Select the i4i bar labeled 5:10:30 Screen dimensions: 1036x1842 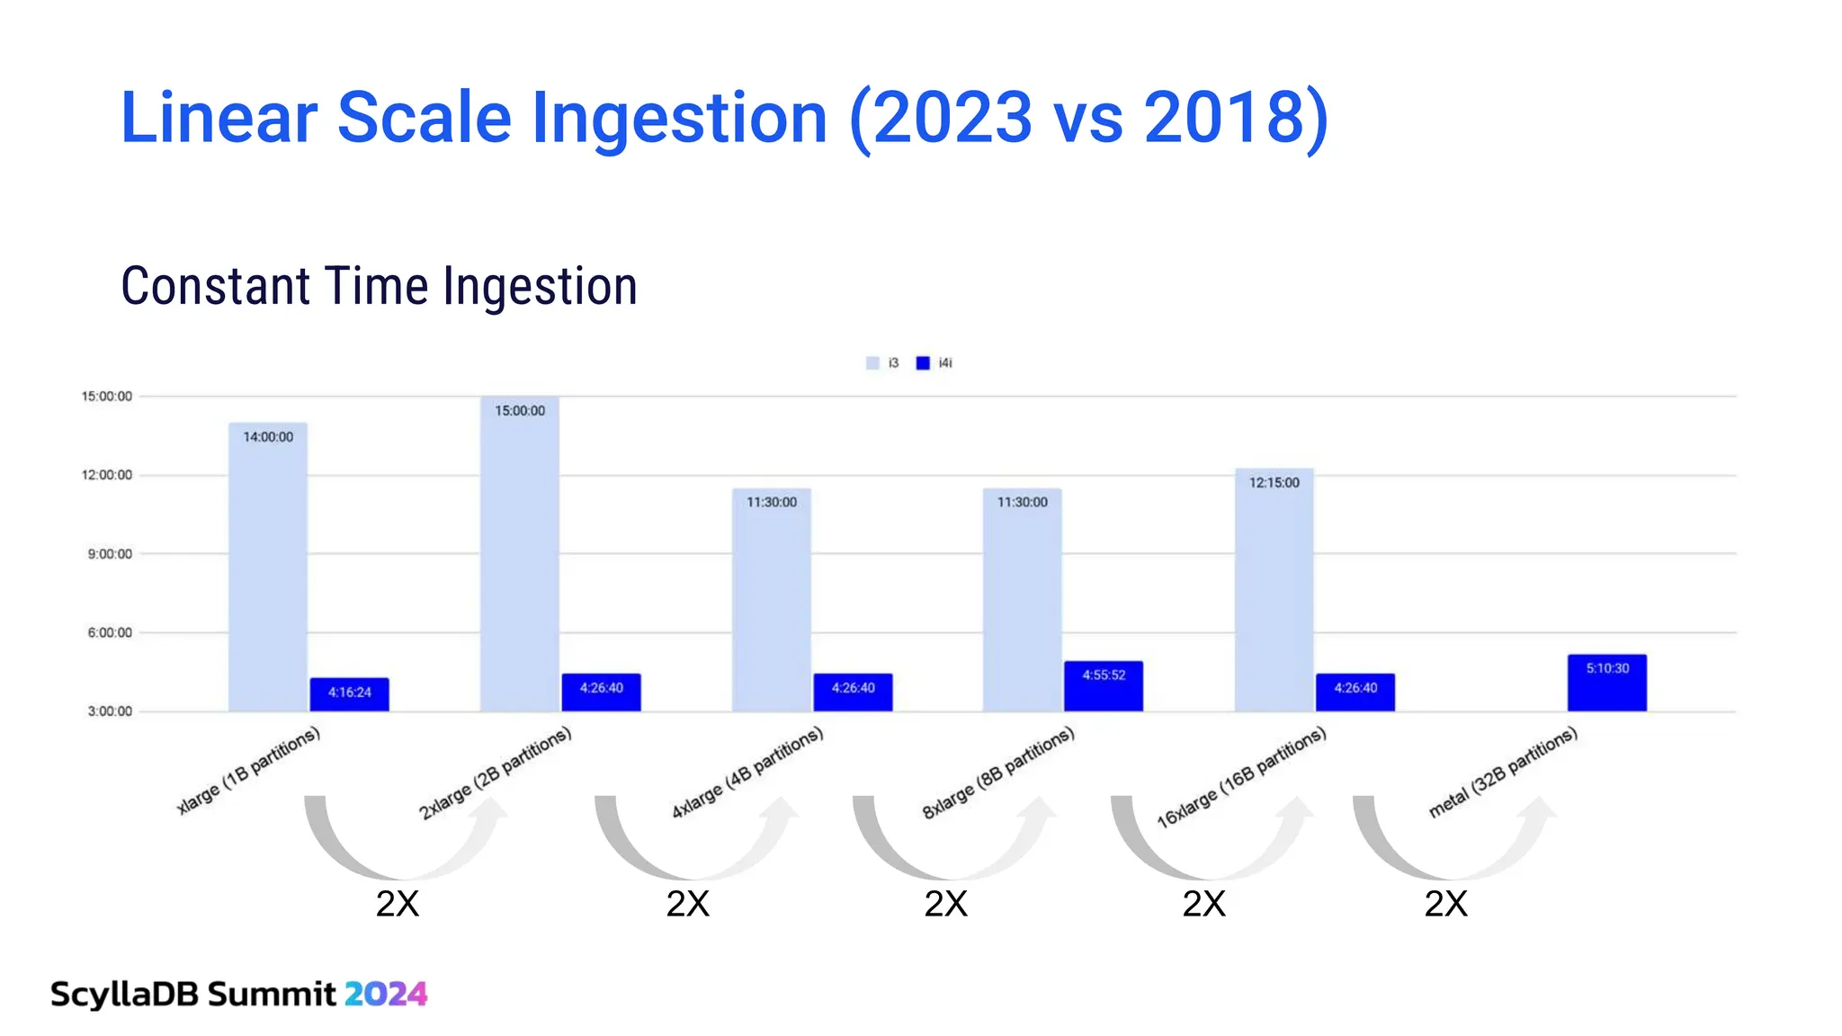[x=1606, y=683]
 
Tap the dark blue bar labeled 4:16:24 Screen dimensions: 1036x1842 [x=349, y=694]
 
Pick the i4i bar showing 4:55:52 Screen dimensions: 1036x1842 [x=1103, y=687]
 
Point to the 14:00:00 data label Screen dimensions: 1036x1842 [x=268, y=437]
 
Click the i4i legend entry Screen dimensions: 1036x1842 [x=934, y=363]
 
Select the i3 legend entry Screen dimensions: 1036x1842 [x=882, y=363]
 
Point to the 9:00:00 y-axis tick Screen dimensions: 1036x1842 [x=110, y=554]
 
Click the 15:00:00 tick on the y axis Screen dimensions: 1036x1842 [x=106, y=397]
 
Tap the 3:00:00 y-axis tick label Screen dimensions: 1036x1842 [x=110, y=711]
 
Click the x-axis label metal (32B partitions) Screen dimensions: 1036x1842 [x=1503, y=773]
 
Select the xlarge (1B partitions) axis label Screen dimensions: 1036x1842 [x=248, y=771]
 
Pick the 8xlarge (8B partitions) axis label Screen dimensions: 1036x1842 [x=998, y=773]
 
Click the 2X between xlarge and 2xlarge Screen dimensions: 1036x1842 [x=398, y=904]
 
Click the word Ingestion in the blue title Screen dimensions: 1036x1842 [x=679, y=118]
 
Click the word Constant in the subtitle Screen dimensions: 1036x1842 [x=216, y=287]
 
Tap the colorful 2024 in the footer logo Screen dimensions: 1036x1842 [x=386, y=994]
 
